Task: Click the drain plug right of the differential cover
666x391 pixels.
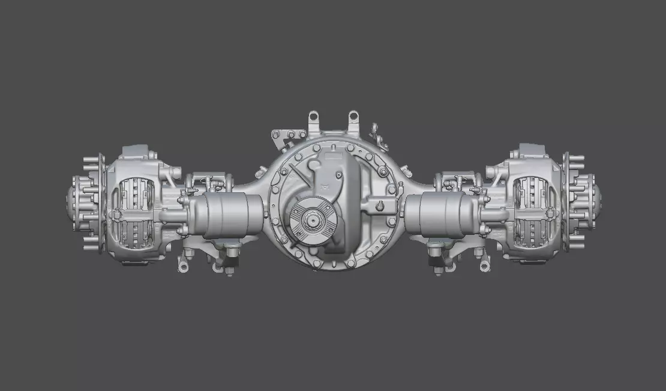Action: point(380,207)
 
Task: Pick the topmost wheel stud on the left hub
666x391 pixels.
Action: point(90,159)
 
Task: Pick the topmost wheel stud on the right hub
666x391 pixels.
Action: point(577,159)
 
